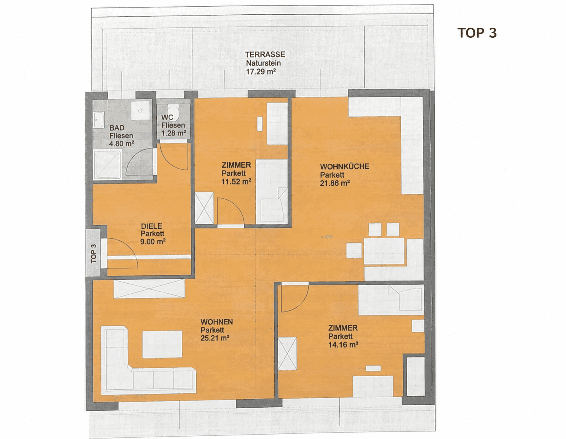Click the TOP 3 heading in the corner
pyautogui.click(x=477, y=33)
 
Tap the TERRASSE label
pyautogui.click(x=265, y=54)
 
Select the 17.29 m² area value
pyautogui.click(x=261, y=72)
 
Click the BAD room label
pyautogui.click(x=117, y=128)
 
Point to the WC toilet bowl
pyautogui.click(x=173, y=110)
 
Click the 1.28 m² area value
pyautogui.click(x=173, y=133)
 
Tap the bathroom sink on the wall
pyautogui.click(x=99, y=119)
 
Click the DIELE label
pyautogui.click(x=151, y=226)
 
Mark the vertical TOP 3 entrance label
pyautogui.click(x=93, y=253)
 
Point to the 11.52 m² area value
pyautogui.click(x=236, y=182)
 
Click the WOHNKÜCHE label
pyautogui.click(x=344, y=166)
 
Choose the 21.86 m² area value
pyautogui.click(x=335, y=183)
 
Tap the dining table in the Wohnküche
pyautogui.click(x=384, y=251)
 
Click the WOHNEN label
pyautogui.click(x=217, y=322)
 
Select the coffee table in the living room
pyautogui.click(x=162, y=344)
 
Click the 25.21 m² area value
pyautogui.click(x=215, y=338)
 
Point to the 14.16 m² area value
pyautogui.click(x=343, y=344)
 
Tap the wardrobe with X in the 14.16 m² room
pyautogui.click(x=287, y=354)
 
